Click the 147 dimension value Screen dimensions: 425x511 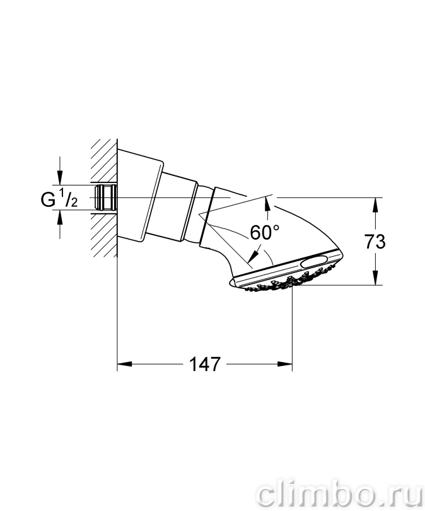(205, 364)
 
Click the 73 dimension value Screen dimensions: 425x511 (375, 242)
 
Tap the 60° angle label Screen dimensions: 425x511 (264, 232)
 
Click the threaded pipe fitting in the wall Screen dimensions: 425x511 (105, 197)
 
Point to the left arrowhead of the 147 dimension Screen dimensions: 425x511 (124, 364)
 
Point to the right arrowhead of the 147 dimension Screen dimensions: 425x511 (285, 364)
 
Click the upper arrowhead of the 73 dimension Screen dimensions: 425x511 (376, 204)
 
